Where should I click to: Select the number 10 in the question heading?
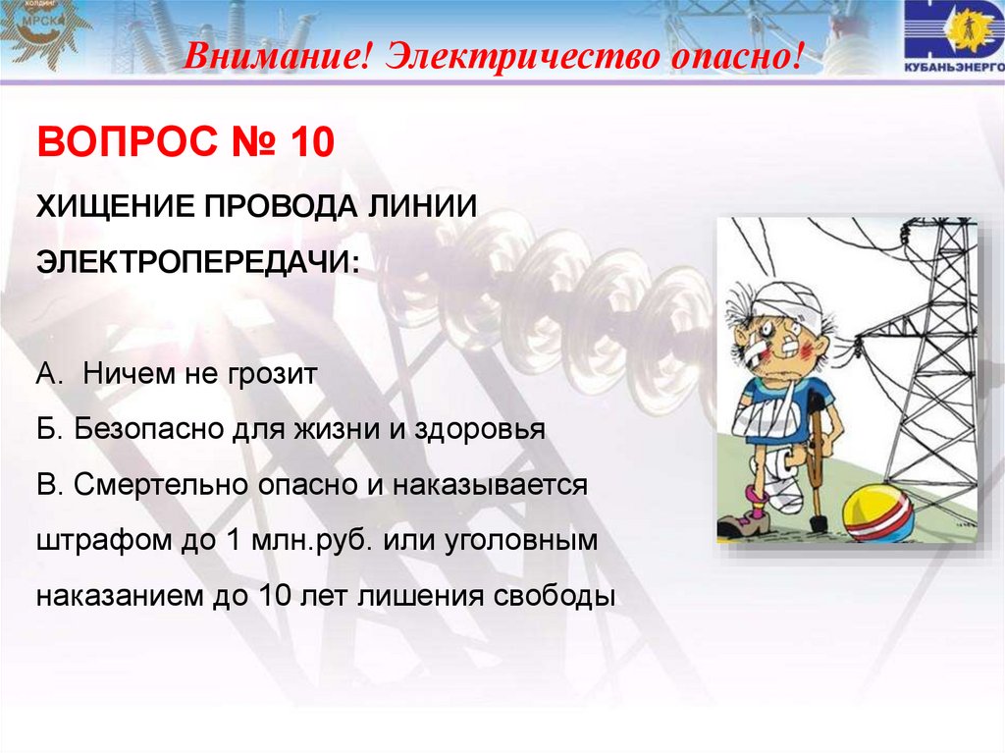(x=310, y=145)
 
